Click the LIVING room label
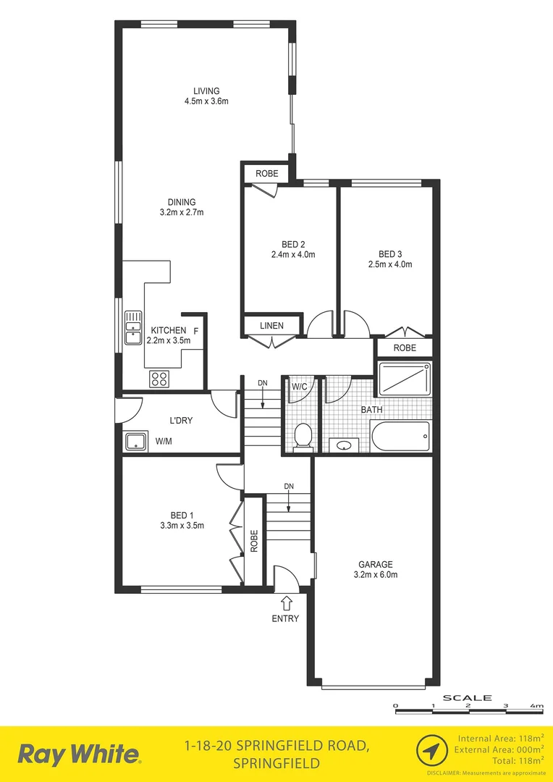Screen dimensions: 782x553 point(206,91)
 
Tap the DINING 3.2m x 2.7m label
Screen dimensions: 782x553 point(182,212)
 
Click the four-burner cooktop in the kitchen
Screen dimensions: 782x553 point(159,378)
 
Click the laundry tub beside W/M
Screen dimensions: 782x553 point(134,440)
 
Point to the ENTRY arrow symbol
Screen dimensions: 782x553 point(286,602)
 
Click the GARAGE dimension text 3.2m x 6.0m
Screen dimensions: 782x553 point(375,575)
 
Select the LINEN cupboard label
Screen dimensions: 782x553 point(271,326)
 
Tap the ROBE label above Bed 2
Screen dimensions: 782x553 point(266,174)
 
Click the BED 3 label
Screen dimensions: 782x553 point(389,254)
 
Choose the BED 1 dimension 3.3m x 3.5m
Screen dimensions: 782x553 point(182,526)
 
